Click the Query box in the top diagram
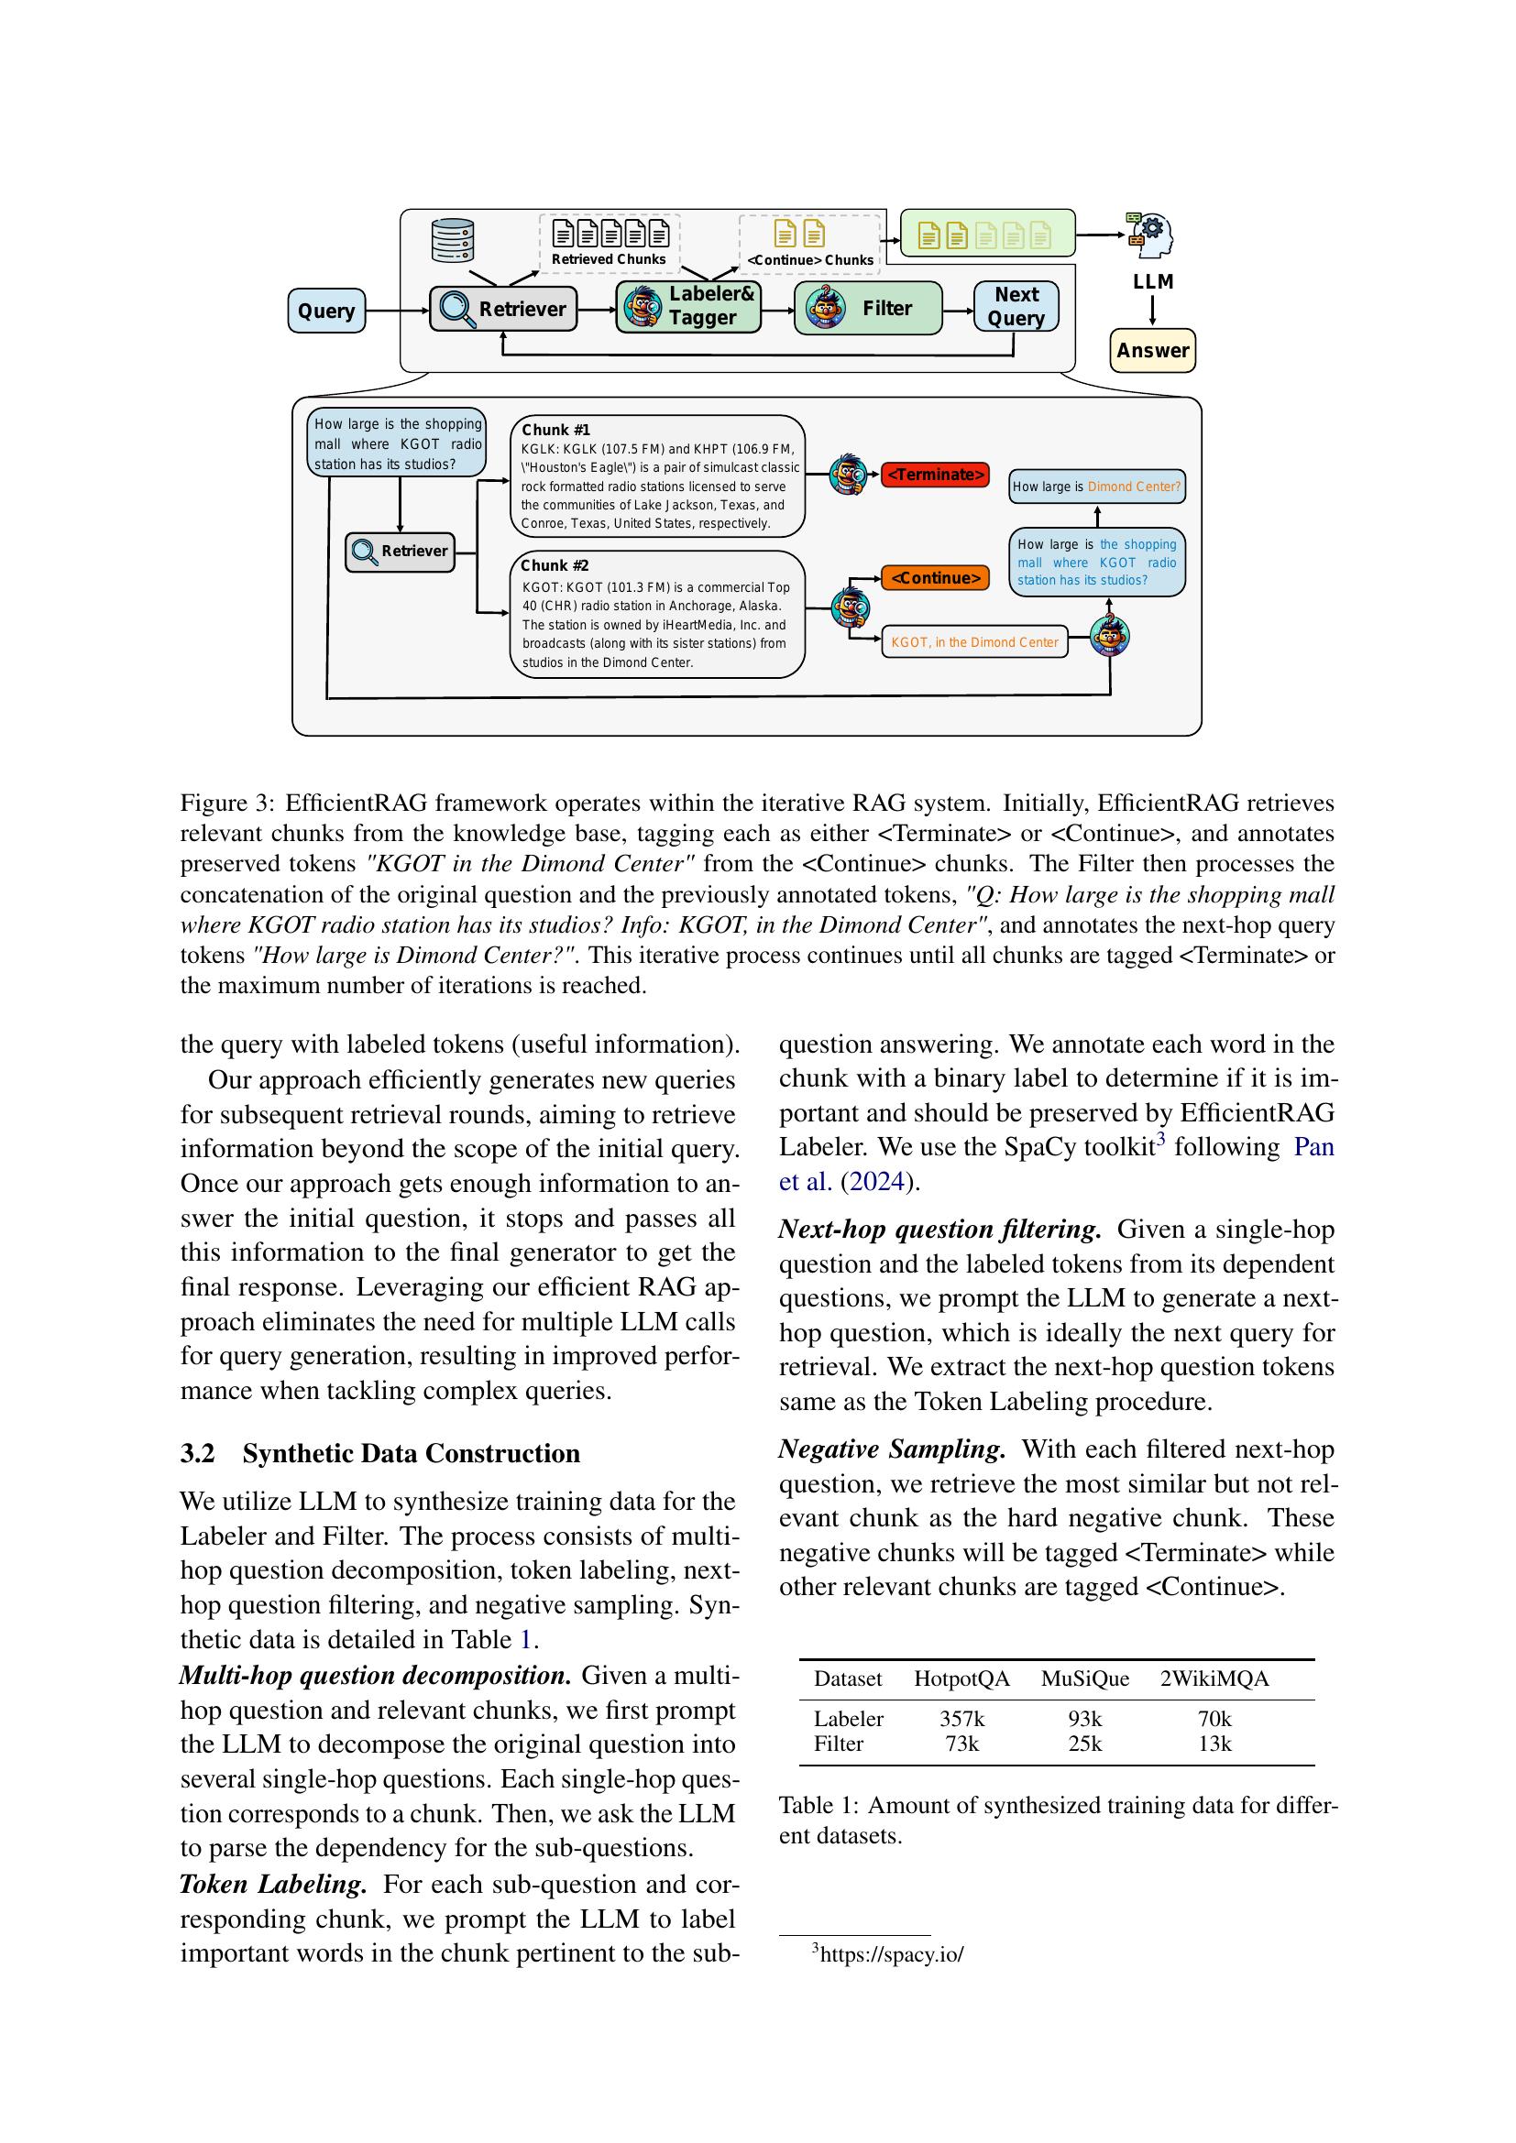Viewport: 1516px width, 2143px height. [x=325, y=311]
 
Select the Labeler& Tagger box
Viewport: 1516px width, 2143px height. [x=689, y=306]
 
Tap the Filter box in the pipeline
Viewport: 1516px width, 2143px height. [x=867, y=308]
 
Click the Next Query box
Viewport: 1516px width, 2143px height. [x=1016, y=306]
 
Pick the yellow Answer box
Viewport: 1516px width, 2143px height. [x=1152, y=351]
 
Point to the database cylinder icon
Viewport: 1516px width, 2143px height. [x=453, y=241]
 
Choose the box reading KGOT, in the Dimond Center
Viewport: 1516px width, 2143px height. [x=973, y=642]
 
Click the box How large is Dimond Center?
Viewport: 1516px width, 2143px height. [x=1096, y=487]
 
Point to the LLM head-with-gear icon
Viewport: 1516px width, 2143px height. [x=1150, y=234]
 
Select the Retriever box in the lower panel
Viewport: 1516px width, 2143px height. [x=400, y=552]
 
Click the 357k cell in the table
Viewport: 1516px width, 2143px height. [x=961, y=1718]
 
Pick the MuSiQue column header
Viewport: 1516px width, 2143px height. [x=1084, y=1679]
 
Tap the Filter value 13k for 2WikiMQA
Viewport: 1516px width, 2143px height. [x=1214, y=1744]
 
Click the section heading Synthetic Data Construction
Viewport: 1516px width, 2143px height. [x=411, y=1453]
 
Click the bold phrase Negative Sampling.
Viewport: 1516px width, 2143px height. [x=892, y=1449]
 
